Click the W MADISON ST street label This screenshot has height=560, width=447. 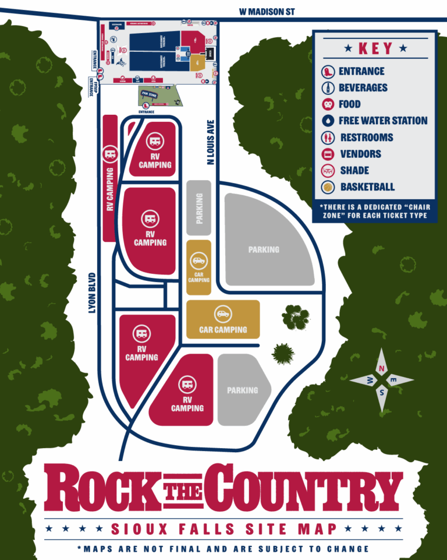tap(270, 11)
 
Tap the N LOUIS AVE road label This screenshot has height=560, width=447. tap(212, 142)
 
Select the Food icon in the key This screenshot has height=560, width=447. tap(328, 104)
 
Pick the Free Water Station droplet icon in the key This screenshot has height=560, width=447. tap(328, 121)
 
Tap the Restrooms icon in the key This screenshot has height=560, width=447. tap(328, 138)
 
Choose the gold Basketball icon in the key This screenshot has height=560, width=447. tap(328, 187)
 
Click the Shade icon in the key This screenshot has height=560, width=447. tap(328, 171)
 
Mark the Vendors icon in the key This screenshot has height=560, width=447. tap(328, 154)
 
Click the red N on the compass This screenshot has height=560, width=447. tap(381, 368)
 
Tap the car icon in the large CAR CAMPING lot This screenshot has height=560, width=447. tap(222, 314)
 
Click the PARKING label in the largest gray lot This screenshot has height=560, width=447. tap(264, 249)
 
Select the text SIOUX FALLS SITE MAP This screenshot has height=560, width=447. tap(224, 529)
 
